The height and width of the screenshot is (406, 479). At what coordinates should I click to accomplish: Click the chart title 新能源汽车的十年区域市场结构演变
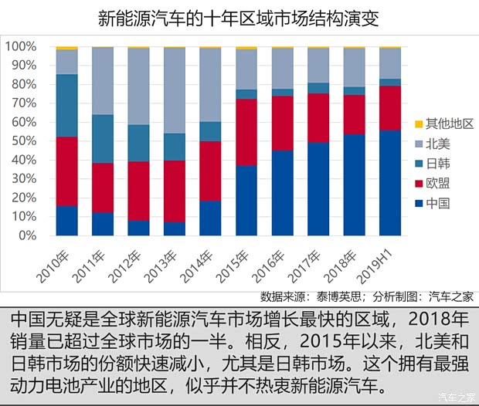coord(239,18)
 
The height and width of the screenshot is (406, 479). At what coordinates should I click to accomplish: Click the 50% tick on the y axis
coord(22,141)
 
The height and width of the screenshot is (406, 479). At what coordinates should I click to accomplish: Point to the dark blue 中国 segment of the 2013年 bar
coord(175,228)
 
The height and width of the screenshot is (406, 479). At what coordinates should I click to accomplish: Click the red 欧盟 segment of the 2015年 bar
coord(246,132)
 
